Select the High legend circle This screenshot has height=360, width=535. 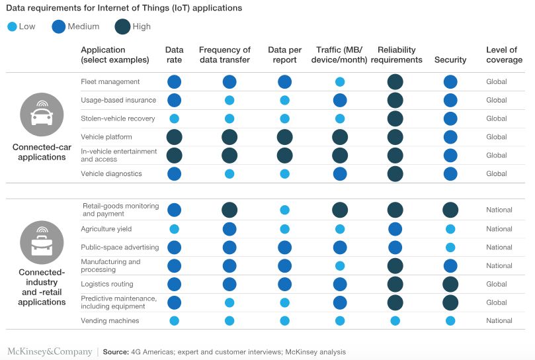[x=122, y=26]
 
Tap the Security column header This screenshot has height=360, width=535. [x=450, y=60]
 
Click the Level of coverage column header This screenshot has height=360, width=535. [x=504, y=55]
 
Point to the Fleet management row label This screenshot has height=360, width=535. [x=110, y=82]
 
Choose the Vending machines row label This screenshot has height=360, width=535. [x=110, y=321]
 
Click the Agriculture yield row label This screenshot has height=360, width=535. [x=106, y=229]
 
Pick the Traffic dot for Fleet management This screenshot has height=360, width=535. [x=340, y=82]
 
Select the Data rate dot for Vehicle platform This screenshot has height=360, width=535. [x=175, y=137]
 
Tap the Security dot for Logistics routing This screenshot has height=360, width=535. [x=450, y=284]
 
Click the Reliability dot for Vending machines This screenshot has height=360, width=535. [x=395, y=321]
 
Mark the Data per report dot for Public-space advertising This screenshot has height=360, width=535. [x=284, y=247]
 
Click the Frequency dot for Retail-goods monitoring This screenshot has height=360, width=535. [x=229, y=210]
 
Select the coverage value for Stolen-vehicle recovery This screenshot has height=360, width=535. [x=496, y=118]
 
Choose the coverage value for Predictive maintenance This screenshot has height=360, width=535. [x=496, y=302]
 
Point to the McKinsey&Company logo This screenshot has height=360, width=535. [x=50, y=351]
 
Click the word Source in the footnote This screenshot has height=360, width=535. [x=116, y=352]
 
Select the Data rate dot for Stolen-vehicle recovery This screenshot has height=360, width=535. [x=175, y=118]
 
